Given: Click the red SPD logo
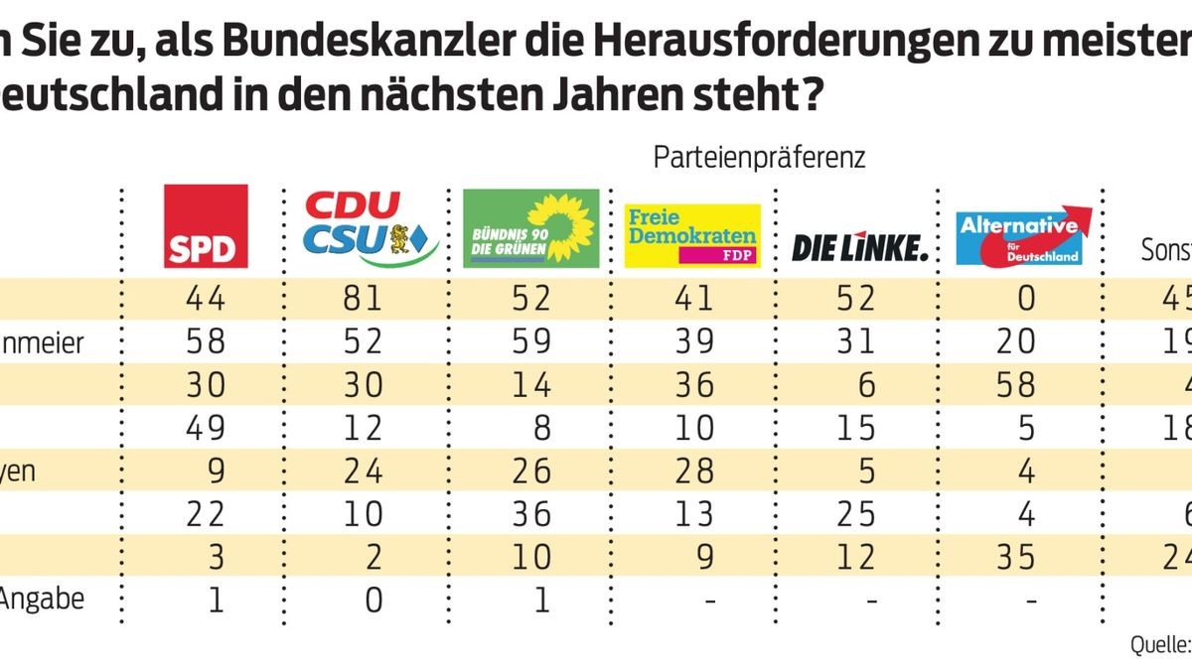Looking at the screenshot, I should pos(206,226).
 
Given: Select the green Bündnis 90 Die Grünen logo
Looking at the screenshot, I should pos(531,228).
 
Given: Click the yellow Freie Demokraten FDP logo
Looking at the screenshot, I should pos(692,236).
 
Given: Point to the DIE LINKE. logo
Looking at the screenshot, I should pos(859,247).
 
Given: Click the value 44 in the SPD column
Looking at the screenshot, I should pos(206,297).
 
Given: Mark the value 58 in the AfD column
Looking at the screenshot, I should pos(1015,384).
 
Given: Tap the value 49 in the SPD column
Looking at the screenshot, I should pos(206,427).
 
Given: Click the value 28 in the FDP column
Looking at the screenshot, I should pos(692,470).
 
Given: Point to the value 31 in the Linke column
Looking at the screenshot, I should pos(855,340).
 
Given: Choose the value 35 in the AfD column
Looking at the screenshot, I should pos(1015,557).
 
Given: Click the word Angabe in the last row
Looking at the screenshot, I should pos(42,600).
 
